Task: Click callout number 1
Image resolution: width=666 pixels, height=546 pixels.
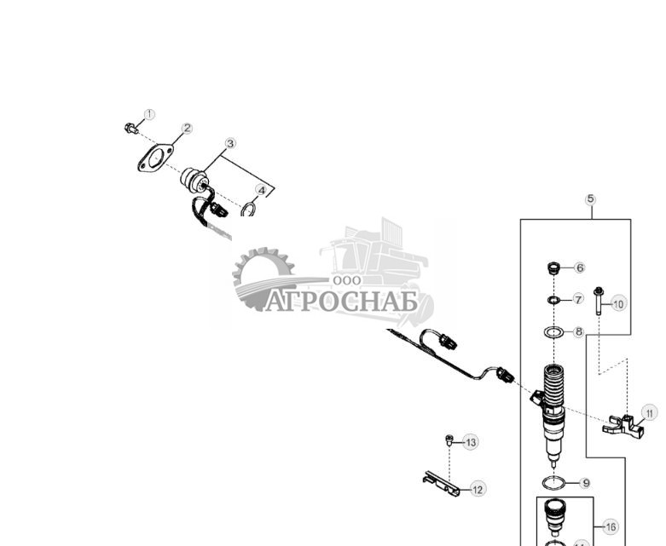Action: (149, 114)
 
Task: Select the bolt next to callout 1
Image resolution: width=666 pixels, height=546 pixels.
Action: (130, 129)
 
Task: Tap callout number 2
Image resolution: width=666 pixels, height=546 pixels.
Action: (187, 129)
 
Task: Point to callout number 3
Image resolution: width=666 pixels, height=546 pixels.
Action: (230, 144)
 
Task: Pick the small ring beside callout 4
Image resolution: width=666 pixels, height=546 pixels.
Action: (249, 209)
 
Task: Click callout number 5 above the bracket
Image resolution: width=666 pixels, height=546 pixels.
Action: (590, 198)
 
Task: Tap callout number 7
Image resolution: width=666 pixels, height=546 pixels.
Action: (578, 300)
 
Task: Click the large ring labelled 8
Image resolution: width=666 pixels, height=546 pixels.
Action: (553, 330)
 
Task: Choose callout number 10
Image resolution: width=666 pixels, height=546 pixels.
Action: (619, 303)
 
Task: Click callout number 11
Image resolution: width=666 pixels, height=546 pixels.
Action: (651, 413)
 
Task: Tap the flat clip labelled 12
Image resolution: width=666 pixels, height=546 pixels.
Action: (442, 483)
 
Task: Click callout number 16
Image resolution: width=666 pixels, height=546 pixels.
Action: (611, 527)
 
